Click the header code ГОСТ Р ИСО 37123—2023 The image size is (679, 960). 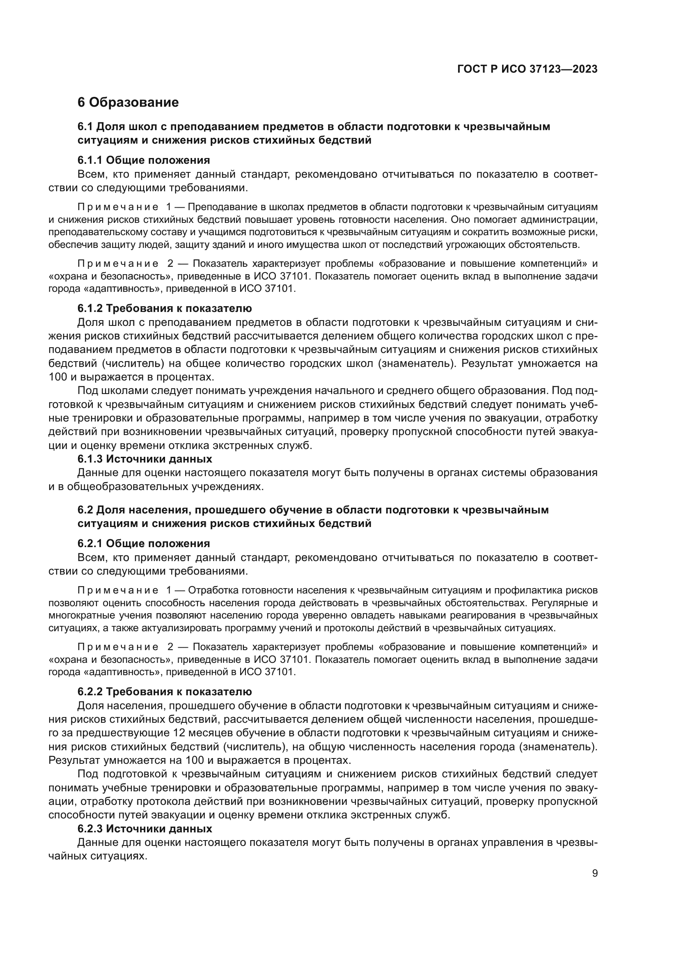point(527,69)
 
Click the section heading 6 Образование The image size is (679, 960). point(128,103)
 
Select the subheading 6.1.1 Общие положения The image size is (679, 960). point(143,160)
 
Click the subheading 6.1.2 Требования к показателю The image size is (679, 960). point(164,309)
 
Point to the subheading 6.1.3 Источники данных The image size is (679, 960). point(145,459)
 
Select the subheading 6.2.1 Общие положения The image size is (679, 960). point(143,543)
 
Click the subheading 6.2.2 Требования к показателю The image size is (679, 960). point(164,692)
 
